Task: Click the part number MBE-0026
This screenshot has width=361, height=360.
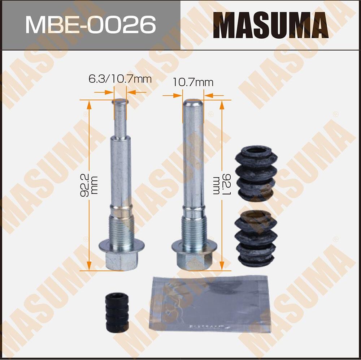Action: click(x=90, y=25)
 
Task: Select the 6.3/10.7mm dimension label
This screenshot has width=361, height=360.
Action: click(x=120, y=79)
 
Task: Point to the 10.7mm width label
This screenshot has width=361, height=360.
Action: click(x=193, y=82)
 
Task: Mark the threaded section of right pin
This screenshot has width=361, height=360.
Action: click(x=193, y=231)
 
